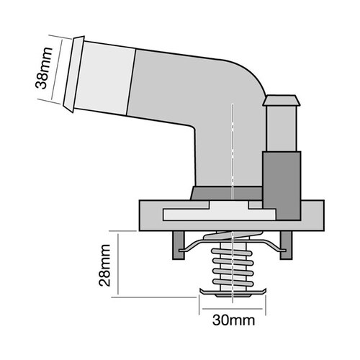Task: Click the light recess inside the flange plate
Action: [216, 213]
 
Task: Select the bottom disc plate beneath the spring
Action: [233, 293]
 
